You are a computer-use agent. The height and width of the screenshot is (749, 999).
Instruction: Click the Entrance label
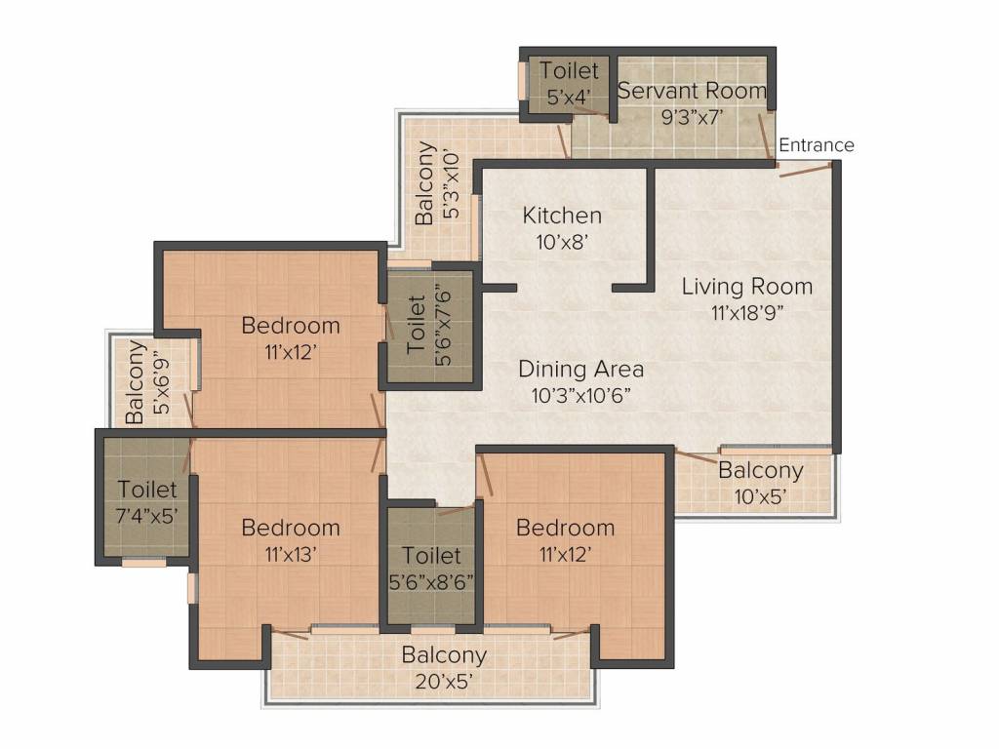[x=817, y=145]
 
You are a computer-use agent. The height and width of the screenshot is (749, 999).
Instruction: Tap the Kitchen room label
[x=562, y=216]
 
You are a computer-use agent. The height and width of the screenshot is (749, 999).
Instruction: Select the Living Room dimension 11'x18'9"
[x=746, y=313]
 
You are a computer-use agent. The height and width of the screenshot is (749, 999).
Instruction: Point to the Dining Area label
[x=581, y=369]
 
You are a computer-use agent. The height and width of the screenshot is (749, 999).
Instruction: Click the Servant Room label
[x=692, y=91]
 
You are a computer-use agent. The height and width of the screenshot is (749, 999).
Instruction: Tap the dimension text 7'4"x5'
[x=146, y=516]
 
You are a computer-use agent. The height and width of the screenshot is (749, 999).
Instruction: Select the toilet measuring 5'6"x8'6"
[x=431, y=567]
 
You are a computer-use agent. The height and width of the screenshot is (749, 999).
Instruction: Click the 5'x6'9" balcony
[x=150, y=381]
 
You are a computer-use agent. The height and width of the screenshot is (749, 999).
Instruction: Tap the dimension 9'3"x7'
[x=692, y=118]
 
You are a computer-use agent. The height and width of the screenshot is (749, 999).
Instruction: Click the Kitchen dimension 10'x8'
[x=561, y=242]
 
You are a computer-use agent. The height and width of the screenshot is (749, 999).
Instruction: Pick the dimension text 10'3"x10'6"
[x=581, y=396]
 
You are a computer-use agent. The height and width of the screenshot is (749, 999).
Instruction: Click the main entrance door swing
[x=805, y=169]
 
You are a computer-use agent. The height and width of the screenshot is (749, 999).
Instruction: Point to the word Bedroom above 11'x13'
[x=291, y=528]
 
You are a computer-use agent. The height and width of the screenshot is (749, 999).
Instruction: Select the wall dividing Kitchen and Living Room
[x=651, y=226]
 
